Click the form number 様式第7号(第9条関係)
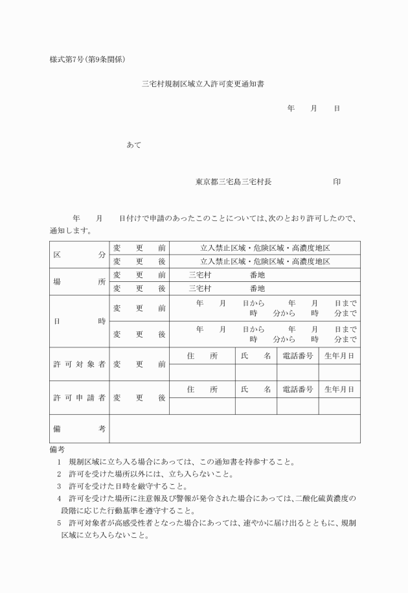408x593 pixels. click(87, 60)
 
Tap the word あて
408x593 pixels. click(134, 145)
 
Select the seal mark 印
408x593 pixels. click(337, 182)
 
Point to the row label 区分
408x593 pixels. click(79, 255)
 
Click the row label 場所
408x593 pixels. click(79, 281)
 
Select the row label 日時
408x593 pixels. click(79, 321)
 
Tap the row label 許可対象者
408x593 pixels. click(79, 364)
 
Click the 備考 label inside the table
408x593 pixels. click(79, 428)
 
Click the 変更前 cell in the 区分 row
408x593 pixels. click(139, 248)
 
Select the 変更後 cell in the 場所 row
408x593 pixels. click(139, 288)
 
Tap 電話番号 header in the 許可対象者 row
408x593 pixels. click(298, 356)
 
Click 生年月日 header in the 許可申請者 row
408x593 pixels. click(339, 390)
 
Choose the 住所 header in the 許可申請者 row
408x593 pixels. click(202, 390)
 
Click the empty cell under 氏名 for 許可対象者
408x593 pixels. click(256, 372)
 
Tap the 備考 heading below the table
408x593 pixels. click(58, 449)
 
